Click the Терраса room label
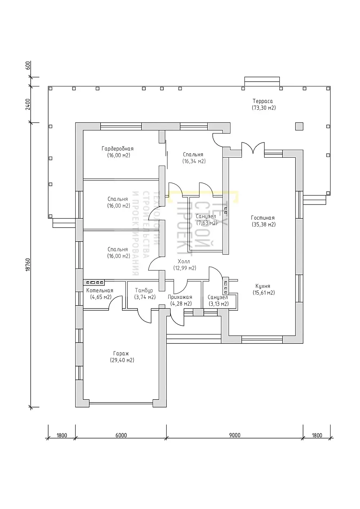[262, 101]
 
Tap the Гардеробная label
[117, 149]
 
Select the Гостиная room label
[263, 218]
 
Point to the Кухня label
[263, 286]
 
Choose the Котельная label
[100, 290]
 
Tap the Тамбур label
[144, 290]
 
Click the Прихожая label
[180, 297]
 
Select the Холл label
[184, 261]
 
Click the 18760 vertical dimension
[28, 265]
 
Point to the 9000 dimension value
[235, 435]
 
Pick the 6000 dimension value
[121, 435]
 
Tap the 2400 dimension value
[28, 104]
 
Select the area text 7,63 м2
[207, 223]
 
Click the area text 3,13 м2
[218, 304]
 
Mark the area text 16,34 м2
[194, 161]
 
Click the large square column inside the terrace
[299, 126]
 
